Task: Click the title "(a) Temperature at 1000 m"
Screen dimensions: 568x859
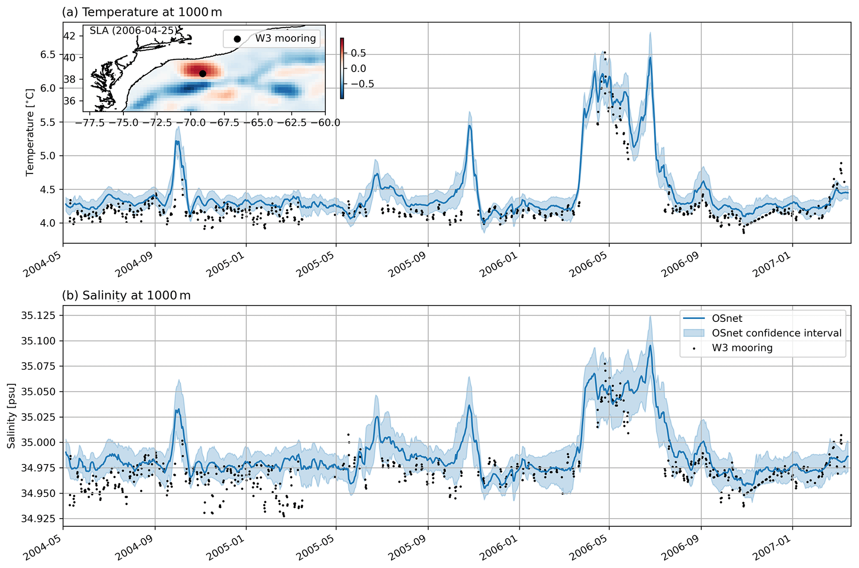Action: (142, 12)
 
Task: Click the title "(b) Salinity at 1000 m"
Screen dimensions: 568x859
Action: (126, 295)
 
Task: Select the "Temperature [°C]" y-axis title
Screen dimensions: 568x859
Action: (30, 132)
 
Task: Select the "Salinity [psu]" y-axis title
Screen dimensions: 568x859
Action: (11, 416)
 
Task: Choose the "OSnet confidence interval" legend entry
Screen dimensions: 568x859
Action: (776, 333)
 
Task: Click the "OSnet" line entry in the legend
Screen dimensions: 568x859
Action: (727, 319)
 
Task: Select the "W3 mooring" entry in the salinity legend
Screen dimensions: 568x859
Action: (742, 348)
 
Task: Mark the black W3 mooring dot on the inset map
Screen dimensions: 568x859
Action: (202, 74)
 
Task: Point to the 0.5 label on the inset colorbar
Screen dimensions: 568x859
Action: (358, 53)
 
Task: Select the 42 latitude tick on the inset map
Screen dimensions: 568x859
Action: (70, 36)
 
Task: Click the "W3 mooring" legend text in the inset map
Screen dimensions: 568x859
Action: (286, 38)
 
